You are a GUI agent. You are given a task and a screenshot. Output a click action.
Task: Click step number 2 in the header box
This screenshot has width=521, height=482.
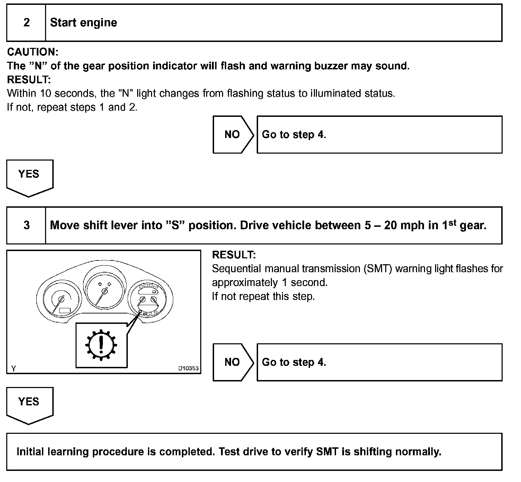[26, 23]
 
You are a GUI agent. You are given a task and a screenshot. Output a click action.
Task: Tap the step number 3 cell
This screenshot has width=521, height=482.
[26, 226]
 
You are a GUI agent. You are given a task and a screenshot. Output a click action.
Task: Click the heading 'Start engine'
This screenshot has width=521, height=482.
[83, 23]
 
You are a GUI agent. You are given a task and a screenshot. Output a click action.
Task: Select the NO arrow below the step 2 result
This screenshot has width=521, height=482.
[232, 135]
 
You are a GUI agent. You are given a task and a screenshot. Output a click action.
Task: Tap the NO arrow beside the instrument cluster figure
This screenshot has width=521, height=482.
[232, 362]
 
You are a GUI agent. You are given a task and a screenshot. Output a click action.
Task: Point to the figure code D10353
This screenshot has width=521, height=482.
[188, 368]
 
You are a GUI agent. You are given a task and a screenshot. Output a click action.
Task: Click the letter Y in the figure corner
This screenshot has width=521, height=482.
[13, 369]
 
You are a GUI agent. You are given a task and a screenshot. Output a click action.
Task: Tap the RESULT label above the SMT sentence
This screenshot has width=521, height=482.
[234, 255]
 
